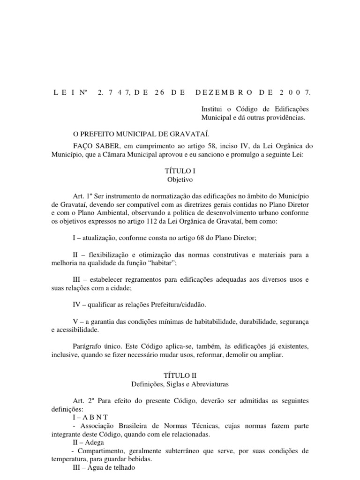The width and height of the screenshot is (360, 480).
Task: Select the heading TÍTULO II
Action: (180, 375)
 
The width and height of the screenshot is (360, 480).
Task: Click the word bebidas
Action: (143, 459)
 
